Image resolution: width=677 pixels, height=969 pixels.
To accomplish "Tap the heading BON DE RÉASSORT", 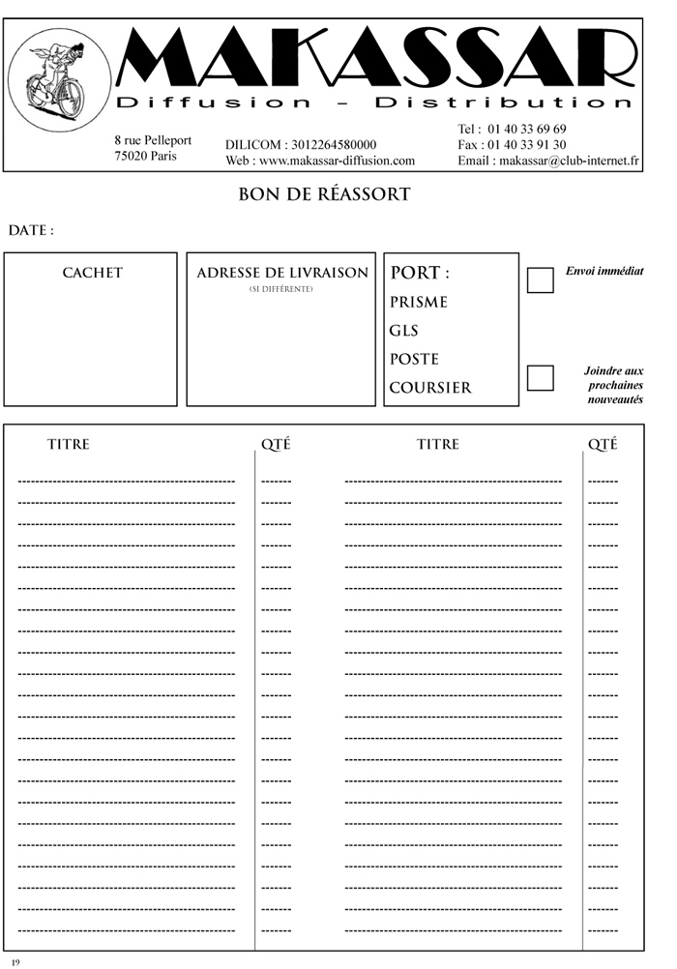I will [324, 195].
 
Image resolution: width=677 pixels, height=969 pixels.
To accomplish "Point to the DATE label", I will [30, 231].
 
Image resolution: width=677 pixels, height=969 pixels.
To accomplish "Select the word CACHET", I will [93, 273].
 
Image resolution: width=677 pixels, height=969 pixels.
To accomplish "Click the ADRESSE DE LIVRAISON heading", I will [282, 273].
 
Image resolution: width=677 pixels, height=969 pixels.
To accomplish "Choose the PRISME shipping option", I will [419, 303].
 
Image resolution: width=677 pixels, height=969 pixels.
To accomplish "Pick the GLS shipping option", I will [403, 331].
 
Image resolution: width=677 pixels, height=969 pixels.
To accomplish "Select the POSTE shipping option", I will [414, 359].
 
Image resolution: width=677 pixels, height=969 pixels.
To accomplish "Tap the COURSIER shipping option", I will [430, 388].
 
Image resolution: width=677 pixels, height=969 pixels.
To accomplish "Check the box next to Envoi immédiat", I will [540, 280].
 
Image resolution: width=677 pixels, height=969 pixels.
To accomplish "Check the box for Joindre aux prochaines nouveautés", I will [540, 377].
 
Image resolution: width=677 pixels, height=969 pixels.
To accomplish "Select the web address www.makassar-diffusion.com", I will [337, 161].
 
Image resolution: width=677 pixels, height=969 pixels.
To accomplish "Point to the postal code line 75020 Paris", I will [145, 156].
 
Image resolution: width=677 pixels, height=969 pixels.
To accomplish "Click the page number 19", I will [15, 962].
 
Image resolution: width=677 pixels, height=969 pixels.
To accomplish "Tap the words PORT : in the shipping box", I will [420, 273].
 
